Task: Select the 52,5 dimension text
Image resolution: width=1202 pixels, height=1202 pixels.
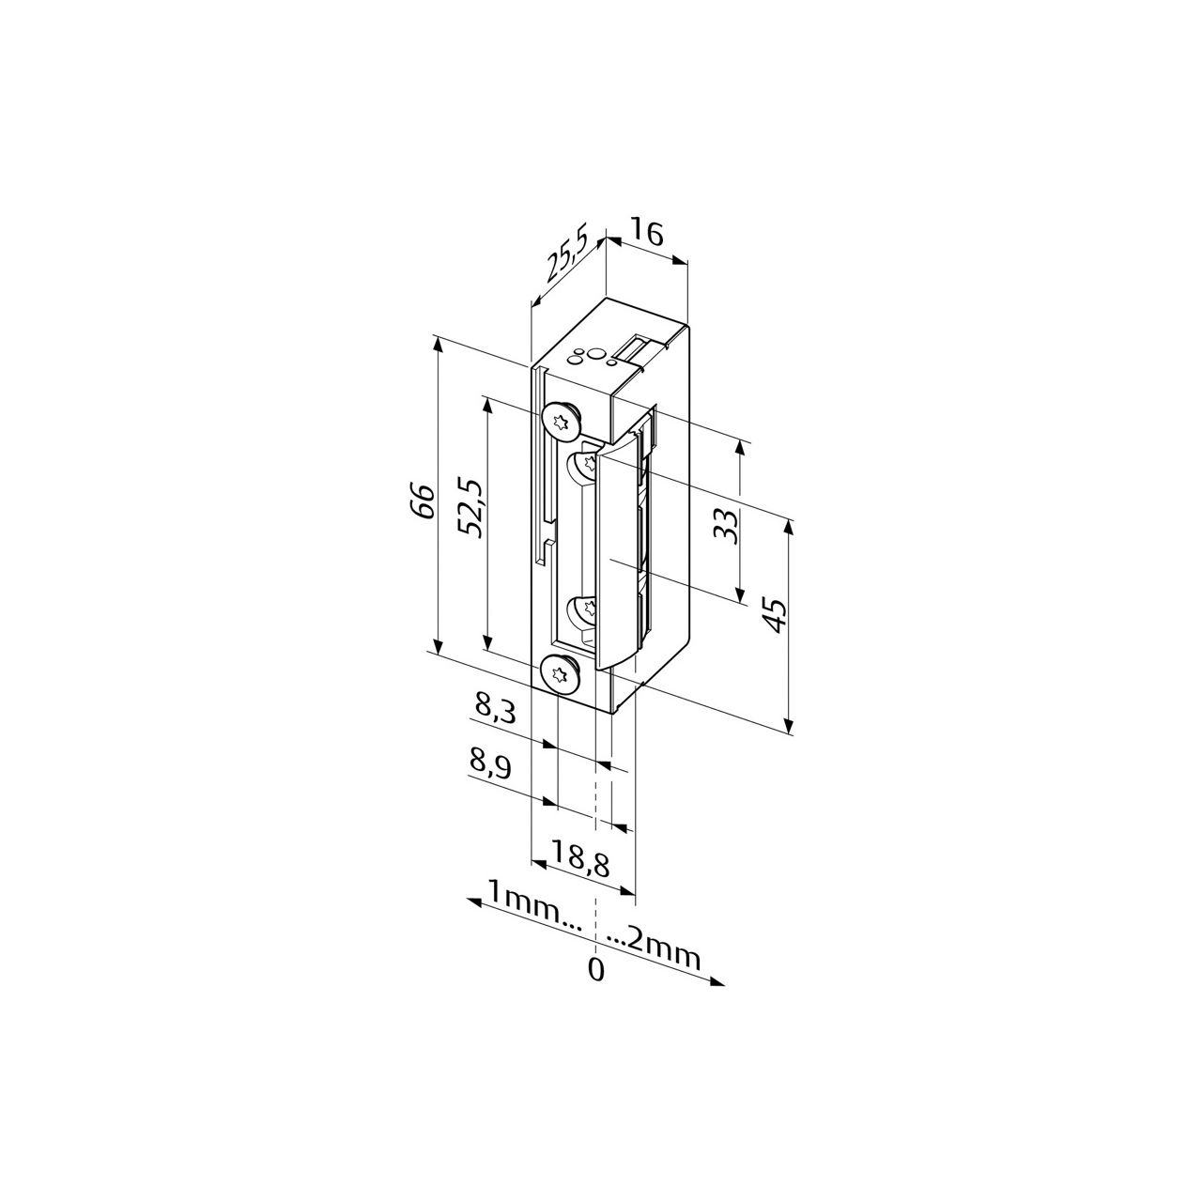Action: [x=470, y=508]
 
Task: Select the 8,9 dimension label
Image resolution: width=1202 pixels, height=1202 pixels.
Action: [x=491, y=766]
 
